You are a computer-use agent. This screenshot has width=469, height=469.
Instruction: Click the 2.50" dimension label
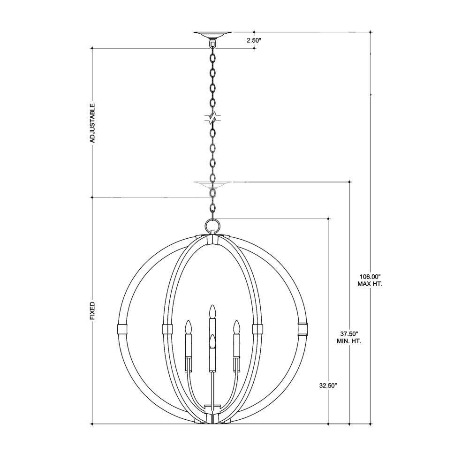[x=254, y=40]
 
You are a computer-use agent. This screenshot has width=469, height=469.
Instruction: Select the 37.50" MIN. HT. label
[x=349, y=337]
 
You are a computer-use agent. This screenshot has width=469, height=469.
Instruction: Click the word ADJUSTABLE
[x=92, y=123]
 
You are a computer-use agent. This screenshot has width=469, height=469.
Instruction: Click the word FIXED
[x=92, y=311]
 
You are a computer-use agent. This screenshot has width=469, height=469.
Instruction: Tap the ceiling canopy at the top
[x=212, y=34]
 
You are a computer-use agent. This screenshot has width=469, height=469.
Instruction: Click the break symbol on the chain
[x=212, y=117]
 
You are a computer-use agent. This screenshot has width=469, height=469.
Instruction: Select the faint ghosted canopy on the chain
[x=212, y=184]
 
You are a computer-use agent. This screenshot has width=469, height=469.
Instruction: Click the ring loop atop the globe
[x=212, y=225]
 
